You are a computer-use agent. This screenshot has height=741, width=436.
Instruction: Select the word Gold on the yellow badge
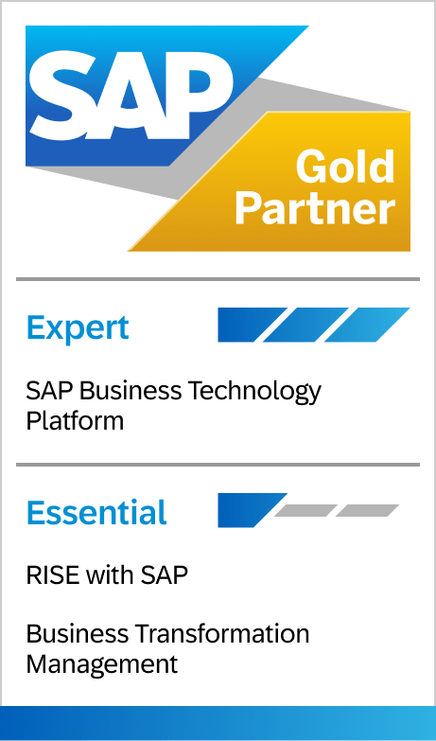tap(345, 167)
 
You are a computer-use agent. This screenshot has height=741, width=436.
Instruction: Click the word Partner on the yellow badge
tap(315, 208)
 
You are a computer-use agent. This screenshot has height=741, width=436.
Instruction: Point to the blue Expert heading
tap(78, 327)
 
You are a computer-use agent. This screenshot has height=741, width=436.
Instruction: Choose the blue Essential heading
tap(96, 512)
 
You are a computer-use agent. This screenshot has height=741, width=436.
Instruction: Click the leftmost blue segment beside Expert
tap(253, 325)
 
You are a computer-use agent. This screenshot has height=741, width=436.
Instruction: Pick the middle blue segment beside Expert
tap(305, 325)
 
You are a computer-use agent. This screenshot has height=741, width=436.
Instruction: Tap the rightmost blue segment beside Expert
tap(367, 325)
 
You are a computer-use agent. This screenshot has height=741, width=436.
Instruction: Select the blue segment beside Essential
tap(253, 510)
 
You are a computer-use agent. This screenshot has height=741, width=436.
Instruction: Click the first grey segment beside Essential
tap(305, 510)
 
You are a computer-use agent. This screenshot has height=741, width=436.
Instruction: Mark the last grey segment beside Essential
tap(368, 510)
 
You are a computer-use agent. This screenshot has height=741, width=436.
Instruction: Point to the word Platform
tap(75, 420)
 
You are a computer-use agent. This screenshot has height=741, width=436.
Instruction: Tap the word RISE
tap(52, 575)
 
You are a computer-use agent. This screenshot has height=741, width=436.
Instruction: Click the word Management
tap(102, 665)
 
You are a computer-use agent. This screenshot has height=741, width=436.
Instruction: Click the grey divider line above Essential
tap(218, 465)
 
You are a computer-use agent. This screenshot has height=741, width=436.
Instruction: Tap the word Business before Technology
tap(130, 391)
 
